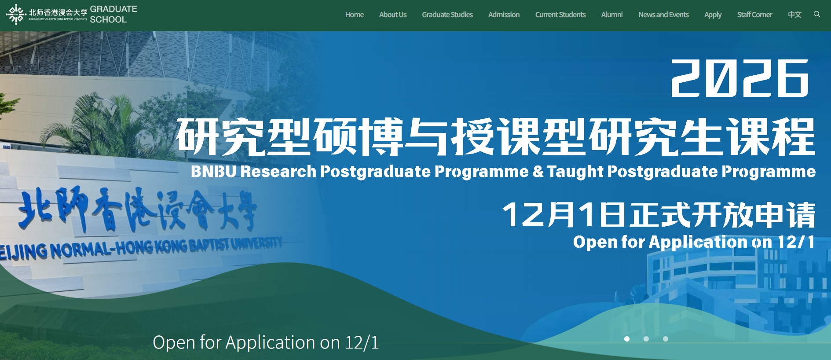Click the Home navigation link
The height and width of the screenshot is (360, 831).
354,15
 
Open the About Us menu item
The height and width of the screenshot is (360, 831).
393,15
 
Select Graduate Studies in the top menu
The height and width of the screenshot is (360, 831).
447,15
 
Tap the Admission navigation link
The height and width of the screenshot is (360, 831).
504,15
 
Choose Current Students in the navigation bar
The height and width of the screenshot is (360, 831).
560,15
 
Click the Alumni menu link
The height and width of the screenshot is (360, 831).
612,15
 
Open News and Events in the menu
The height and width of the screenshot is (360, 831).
663,15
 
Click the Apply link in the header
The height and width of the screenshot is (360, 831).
713,15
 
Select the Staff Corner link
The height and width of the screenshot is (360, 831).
754,15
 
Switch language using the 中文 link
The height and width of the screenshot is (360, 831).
794,15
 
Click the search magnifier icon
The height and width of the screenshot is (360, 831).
817,14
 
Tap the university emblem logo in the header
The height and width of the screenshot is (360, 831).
16,15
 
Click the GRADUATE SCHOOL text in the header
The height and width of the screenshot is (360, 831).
113,14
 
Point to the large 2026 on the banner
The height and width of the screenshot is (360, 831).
740,78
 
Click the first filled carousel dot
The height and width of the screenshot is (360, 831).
627,339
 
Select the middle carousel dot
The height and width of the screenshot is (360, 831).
646,339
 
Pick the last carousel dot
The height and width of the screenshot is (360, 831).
666,339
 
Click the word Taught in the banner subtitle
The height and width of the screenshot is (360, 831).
575,171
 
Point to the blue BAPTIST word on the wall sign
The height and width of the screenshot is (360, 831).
209,245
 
